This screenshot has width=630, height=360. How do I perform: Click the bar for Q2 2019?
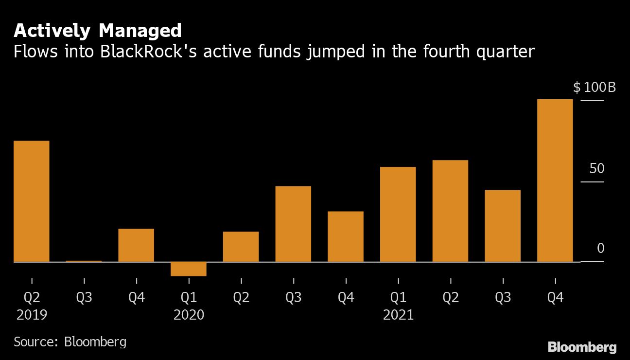click(32, 201)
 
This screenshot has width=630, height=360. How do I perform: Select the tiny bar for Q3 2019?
click(84, 261)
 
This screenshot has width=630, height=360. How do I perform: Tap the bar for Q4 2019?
click(136, 245)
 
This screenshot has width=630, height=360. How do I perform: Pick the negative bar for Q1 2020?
click(189, 269)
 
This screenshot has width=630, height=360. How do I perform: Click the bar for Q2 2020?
click(241, 247)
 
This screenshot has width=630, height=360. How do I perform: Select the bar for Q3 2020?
click(293, 224)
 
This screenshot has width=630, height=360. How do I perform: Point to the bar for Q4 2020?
click(346, 236)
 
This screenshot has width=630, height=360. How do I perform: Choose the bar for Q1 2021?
click(398, 215)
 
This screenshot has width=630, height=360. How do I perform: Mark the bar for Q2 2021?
click(450, 211)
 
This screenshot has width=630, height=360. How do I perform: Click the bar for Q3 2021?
click(503, 226)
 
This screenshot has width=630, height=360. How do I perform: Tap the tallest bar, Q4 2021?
click(555, 180)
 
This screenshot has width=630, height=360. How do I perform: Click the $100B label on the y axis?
click(595, 88)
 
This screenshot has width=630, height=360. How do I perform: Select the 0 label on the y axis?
click(600, 249)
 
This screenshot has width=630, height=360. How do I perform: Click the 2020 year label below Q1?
click(189, 315)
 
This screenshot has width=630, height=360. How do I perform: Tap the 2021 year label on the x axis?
click(398, 315)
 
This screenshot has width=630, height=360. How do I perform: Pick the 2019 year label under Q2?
click(32, 315)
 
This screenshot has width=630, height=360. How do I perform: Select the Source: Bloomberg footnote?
click(70, 342)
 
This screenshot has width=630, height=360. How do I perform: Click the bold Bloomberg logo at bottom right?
click(582, 347)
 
